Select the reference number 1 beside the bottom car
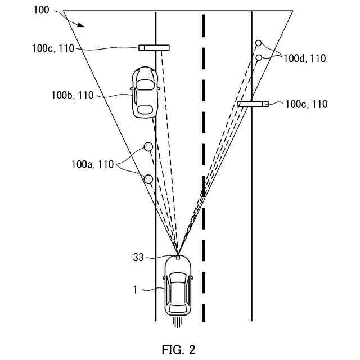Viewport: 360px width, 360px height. (x=135, y=290)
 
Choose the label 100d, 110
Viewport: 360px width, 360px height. (x=305, y=57)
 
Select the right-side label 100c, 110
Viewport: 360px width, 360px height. (x=306, y=104)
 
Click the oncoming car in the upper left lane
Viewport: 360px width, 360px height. (x=144, y=92)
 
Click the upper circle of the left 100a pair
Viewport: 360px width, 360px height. (x=148, y=147)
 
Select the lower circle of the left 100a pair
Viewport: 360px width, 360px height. (x=148, y=179)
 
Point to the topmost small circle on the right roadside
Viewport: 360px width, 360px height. (x=259, y=43)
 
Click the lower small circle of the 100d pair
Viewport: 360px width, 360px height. (x=258, y=57)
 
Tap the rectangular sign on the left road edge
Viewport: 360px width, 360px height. (x=154, y=47)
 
